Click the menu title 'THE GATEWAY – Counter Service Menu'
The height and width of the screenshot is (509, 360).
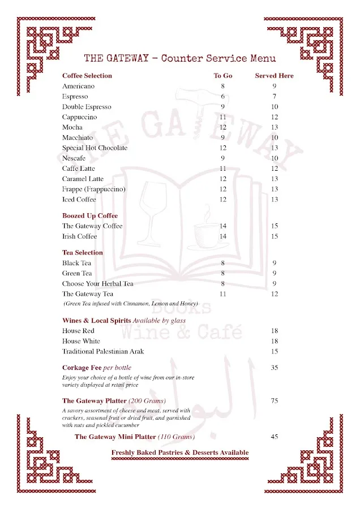180,58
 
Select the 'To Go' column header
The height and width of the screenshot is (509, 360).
223,76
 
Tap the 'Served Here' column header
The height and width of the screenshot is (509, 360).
274,76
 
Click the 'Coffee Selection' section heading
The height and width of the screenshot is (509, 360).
87,76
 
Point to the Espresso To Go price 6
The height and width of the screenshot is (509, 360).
223,97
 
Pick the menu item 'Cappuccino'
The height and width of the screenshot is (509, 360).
79,117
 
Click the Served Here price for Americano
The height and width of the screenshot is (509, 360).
275,87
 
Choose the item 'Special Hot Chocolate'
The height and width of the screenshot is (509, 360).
95,148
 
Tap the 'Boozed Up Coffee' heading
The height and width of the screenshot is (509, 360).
90,215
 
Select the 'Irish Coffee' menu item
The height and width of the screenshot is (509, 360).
79,236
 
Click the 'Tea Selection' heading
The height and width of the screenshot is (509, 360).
83,253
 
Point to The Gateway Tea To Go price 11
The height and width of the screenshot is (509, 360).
223,294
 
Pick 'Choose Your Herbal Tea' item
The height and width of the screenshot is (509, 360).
97,284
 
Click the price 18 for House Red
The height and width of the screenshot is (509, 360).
275,331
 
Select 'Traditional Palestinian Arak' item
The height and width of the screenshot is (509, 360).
103,351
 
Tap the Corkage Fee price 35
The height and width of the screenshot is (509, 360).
275,368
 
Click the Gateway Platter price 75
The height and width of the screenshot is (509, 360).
275,401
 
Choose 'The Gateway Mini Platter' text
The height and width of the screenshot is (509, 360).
135,437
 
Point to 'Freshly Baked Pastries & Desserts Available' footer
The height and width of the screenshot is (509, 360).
180,452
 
